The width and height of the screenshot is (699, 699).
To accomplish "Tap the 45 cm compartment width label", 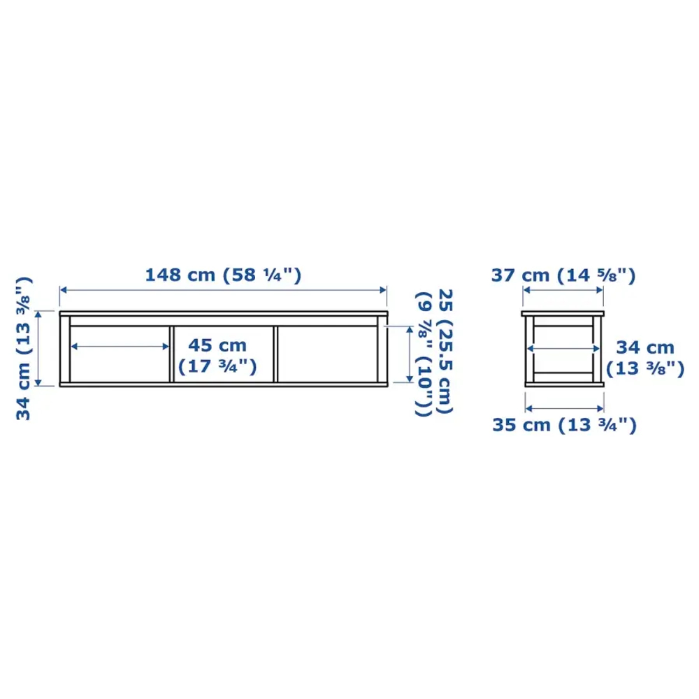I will [x=216, y=345].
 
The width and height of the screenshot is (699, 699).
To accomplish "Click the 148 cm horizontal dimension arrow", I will [x=223, y=289].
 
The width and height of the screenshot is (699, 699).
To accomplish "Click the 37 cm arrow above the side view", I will [x=563, y=294].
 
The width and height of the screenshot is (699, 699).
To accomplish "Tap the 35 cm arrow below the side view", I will [x=563, y=407].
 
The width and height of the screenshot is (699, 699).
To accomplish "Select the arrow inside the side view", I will [x=563, y=347].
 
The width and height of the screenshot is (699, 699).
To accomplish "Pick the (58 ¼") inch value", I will [x=262, y=275].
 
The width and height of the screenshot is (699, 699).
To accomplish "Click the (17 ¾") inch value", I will [x=216, y=366].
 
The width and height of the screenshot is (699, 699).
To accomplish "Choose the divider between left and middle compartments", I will [x=172, y=353].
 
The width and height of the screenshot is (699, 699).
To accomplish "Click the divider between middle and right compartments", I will [x=275, y=353].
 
